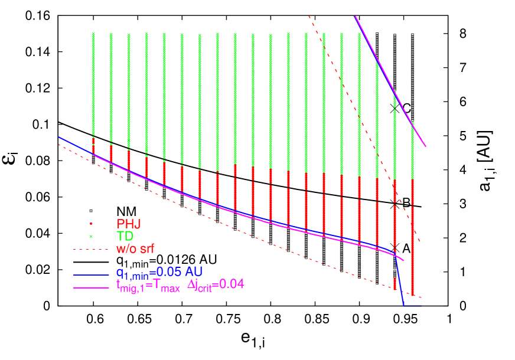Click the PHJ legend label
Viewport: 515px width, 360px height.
coord(128,224)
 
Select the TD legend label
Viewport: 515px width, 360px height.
coord(125,236)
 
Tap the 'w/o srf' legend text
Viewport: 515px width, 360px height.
coord(139,249)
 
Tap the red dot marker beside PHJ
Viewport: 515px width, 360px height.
coord(91,224)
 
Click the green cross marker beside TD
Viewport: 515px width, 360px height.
coord(91,236)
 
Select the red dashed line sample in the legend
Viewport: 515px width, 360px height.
coord(91,250)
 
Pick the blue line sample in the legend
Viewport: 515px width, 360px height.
coord(91,274)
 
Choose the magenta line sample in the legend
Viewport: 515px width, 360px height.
coord(91,287)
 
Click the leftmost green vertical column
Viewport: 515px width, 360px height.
coord(93,83)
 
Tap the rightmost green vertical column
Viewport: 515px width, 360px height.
coord(412,148)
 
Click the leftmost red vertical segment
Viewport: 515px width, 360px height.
coord(93,146)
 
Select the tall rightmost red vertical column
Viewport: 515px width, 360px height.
coord(412,236)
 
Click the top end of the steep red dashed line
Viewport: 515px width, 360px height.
coord(309,17)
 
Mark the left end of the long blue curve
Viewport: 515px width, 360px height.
coord(60,138)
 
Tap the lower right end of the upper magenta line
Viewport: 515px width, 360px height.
coord(425,146)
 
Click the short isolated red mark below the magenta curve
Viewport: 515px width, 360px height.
coord(395,283)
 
